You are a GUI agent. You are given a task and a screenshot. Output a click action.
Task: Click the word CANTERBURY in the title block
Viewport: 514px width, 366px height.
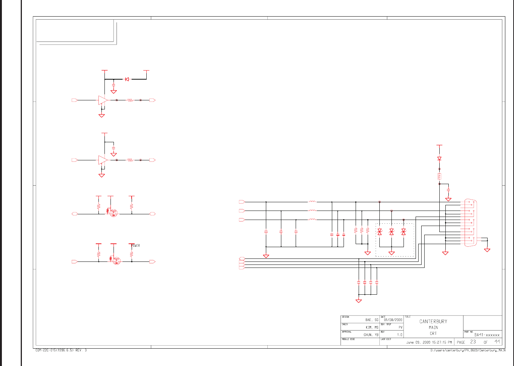433,321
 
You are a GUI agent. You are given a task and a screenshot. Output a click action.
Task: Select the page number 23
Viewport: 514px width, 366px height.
473,342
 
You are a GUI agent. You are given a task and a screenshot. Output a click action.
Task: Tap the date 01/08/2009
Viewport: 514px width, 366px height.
393,320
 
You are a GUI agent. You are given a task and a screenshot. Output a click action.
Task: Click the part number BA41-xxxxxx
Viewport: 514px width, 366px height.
487,335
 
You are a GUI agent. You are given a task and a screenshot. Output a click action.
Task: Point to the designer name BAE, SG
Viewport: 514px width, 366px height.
371,320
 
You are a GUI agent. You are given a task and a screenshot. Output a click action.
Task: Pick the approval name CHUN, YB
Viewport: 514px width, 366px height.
371,335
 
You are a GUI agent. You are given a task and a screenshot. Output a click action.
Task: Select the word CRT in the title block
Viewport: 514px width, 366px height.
433,334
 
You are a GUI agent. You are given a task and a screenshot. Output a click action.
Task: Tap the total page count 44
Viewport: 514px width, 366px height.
497,342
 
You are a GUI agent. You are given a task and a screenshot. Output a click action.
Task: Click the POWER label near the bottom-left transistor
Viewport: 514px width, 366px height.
135,246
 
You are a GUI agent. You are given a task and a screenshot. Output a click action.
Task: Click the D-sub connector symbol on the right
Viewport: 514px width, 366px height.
470,223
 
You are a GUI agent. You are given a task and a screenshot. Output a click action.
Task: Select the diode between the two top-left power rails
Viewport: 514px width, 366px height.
127,79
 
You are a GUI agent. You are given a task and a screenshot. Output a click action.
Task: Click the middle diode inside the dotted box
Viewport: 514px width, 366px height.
391,232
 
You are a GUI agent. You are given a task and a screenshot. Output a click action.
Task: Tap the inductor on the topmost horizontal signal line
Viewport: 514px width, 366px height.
312,202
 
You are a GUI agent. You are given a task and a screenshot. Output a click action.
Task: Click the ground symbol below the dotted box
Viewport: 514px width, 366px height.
391,253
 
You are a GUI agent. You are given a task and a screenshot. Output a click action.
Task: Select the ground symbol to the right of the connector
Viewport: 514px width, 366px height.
487,250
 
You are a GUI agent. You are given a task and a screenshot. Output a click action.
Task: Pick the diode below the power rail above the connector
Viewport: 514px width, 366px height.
439,159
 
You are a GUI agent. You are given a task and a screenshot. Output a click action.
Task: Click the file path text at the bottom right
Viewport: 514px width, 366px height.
468,351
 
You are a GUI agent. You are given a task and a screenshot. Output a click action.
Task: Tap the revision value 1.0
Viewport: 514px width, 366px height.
399,335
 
